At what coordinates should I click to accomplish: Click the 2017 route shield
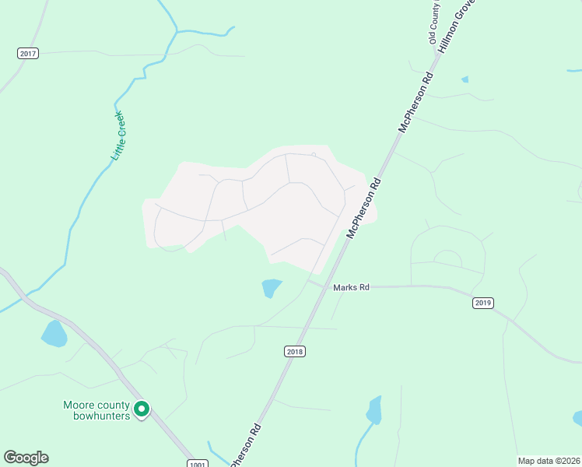28,53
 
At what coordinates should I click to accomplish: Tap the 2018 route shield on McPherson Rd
295,352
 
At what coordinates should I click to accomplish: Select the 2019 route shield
482,303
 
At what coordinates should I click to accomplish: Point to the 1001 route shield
198,463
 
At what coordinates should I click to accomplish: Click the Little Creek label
118,137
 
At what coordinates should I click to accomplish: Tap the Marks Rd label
350,287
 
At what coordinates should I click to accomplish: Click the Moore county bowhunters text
96,409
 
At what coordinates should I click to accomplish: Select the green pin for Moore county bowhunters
142,408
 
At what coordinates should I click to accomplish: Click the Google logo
26,458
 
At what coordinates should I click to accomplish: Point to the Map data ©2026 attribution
549,461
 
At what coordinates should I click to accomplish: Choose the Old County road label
434,22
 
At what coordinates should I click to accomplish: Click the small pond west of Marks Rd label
272,288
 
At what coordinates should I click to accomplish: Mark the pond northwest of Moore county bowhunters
54,333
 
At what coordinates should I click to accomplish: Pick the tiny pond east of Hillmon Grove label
465,79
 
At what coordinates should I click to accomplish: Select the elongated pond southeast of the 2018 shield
375,409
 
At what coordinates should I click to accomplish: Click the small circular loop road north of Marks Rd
447,259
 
